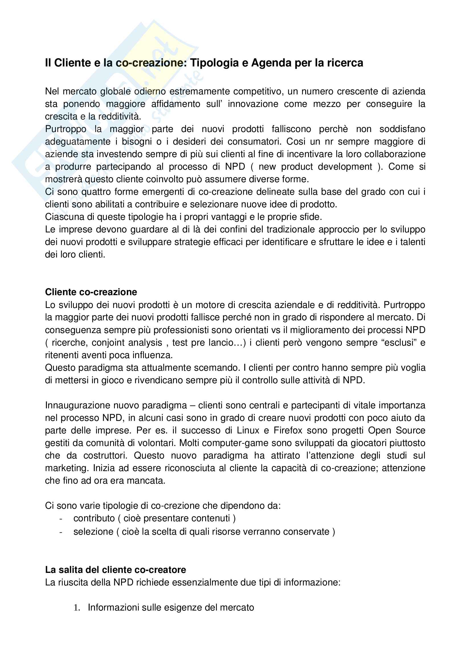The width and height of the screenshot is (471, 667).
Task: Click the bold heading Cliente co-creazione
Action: (91, 292)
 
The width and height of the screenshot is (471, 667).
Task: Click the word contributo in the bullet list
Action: (94, 518)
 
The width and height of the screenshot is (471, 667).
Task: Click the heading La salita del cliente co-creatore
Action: (115, 570)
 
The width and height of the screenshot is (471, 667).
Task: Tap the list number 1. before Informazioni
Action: (77, 607)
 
